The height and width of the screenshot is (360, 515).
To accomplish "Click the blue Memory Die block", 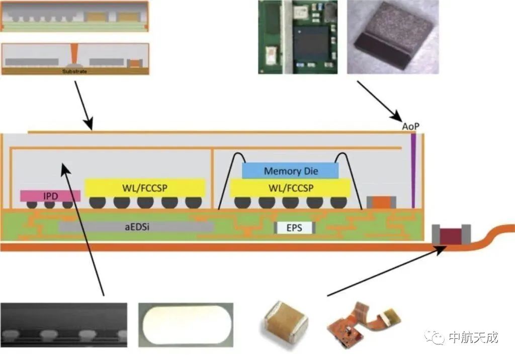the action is click(x=290, y=171).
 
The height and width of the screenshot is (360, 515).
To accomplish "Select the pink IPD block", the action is click(x=50, y=196).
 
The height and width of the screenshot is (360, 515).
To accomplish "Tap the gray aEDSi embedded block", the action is click(x=136, y=227).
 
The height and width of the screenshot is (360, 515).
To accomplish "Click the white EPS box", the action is click(x=294, y=228).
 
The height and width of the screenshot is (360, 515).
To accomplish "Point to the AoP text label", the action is click(x=410, y=126).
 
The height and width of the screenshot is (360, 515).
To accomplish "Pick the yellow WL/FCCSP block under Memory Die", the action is click(x=290, y=188).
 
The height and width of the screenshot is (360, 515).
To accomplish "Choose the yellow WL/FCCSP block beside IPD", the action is click(x=145, y=188).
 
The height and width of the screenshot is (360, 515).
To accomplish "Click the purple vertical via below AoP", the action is click(x=413, y=170).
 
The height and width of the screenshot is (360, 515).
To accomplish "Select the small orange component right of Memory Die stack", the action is click(x=381, y=202).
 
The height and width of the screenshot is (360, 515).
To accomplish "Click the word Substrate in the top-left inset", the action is click(x=74, y=71).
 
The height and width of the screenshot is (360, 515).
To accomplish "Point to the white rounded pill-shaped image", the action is click(x=186, y=325).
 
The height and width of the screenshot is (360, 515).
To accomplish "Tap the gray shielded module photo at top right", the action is click(x=393, y=37).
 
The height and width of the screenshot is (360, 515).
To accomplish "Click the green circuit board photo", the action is click(x=298, y=37).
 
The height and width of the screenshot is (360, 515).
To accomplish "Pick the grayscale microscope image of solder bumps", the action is click(x=64, y=325).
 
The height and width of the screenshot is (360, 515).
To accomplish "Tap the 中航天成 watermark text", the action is click(x=473, y=337).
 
